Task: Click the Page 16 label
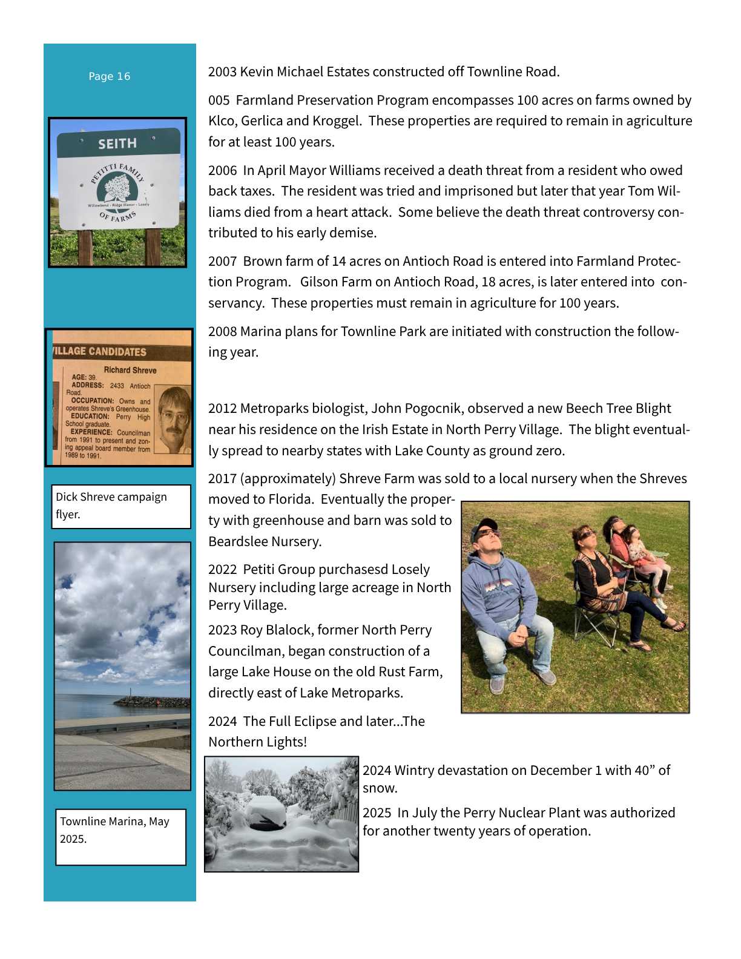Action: pos(109,76)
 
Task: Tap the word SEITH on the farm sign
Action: pos(117,144)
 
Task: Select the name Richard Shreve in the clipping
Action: pos(130,370)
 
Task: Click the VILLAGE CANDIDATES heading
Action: pos(100,352)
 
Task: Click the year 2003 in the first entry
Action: pos(222,72)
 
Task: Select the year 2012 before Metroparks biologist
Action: pos(222,409)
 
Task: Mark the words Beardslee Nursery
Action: pos(264,542)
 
